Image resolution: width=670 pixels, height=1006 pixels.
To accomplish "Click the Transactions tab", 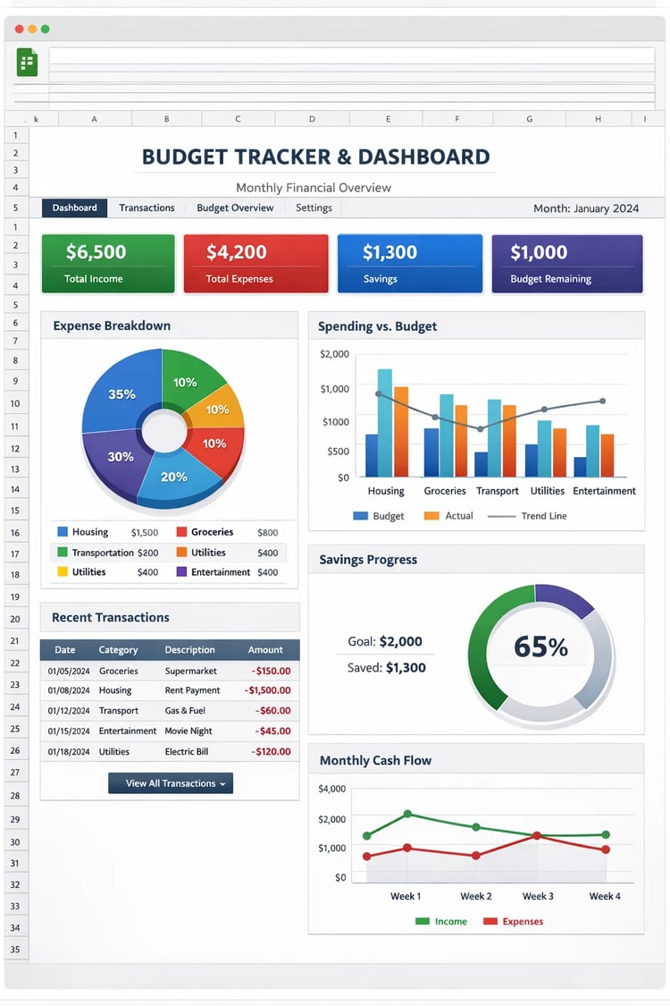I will [x=147, y=207].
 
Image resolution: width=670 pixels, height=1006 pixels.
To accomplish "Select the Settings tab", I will [x=314, y=207].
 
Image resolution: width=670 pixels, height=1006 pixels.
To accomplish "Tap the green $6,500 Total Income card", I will [x=108, y=263].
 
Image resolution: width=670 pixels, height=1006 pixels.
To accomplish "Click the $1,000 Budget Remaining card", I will [x=566, y=263].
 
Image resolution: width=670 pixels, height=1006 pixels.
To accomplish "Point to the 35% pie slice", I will [x=121, y=394].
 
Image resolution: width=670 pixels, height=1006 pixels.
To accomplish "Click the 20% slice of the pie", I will [x=174, y=477].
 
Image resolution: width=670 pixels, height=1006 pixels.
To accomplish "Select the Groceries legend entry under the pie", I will [x=212, y=532].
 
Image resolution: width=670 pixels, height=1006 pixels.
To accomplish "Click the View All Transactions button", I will [x=171, y=783].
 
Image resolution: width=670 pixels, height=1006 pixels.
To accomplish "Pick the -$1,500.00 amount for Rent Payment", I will [x=267, y=690].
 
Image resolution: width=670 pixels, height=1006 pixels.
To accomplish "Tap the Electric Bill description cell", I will [x=186, y=752].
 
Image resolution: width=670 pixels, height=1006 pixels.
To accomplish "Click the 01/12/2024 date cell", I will [x=69, y=711].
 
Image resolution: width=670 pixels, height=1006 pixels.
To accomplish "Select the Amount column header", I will [x=265, y=650].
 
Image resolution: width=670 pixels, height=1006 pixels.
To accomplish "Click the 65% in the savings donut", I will [x=540, y=647].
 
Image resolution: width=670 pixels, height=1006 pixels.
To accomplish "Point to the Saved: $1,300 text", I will [x=386, y=668].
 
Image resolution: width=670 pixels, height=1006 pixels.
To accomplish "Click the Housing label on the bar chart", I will [x=386, y=491].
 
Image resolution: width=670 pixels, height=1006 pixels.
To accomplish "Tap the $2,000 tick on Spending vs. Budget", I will [x=334, y=354].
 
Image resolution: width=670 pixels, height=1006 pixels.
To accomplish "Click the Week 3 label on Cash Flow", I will [x=538, y=896].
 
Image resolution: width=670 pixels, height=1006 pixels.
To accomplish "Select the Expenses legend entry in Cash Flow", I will [x=522, y=921].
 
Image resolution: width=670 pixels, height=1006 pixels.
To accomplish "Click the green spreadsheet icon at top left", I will [x=27, y=63].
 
